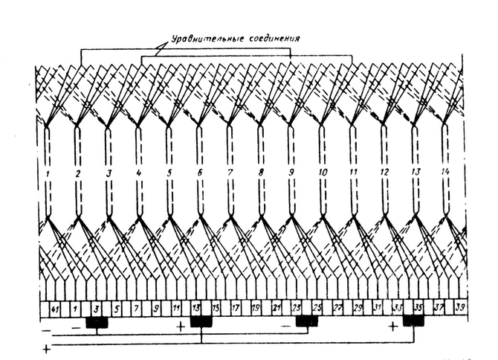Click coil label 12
[384, 173]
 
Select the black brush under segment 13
[201, 322]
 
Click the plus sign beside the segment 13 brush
[181, 327]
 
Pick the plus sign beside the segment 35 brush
[394, 327]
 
